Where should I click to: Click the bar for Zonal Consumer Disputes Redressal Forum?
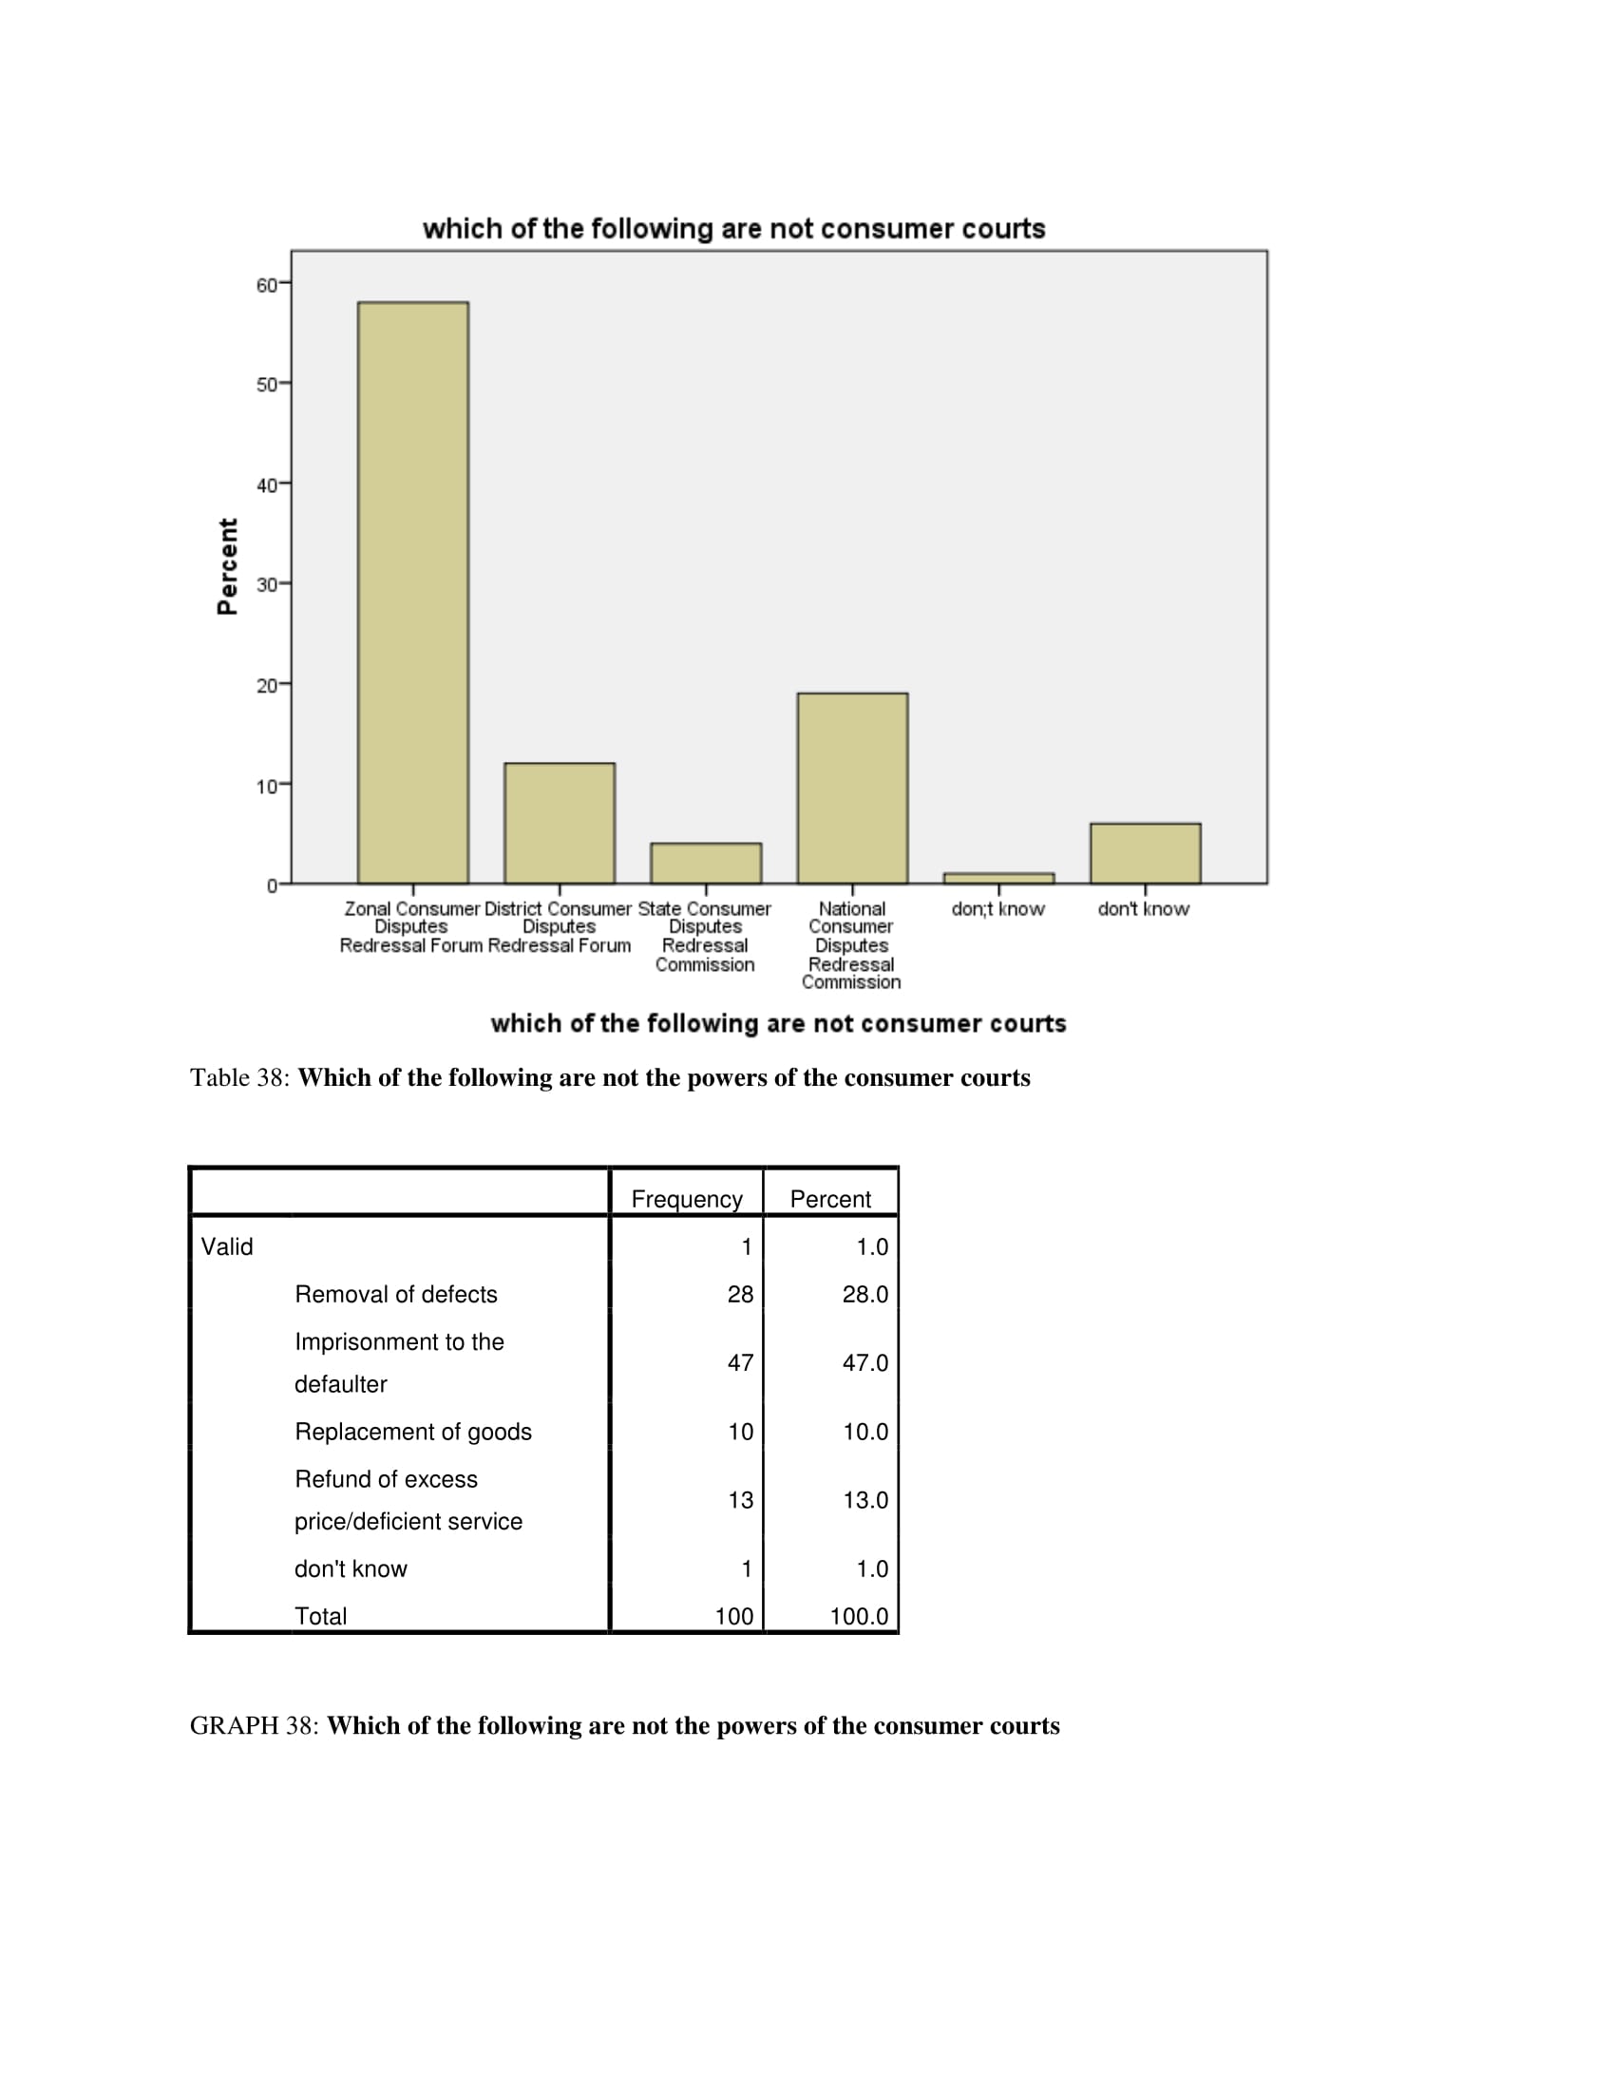[x=412, y=593]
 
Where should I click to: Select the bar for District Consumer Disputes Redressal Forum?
[x=560, y=823]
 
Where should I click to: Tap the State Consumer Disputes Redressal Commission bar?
[x=706, y=864]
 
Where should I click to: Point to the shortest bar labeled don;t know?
[x=998, y=878]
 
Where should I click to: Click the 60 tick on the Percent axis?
[x=267, y=285]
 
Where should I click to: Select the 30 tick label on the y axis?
[x=267, y=584]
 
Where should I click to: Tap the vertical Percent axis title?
[x=228, y=566]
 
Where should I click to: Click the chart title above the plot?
[x=733, y=229]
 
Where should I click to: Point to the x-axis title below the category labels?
[x=778, y=1024]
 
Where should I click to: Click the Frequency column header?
[x=687, y=1199]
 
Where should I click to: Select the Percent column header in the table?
[x=830, y=1199]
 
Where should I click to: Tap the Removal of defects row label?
[x=396, y=1294]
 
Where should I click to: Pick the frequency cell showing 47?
[x=741, y=1362]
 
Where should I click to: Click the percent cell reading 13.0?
[x=864, y=1499]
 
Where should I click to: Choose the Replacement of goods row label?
[x=413, y=1432]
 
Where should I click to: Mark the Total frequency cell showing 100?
[x=733, y=1616]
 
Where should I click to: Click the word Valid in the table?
[x=227, y=1247]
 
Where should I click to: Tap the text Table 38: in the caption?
[x=239, y=1077]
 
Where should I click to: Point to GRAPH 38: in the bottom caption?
[x=254, y=1725]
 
